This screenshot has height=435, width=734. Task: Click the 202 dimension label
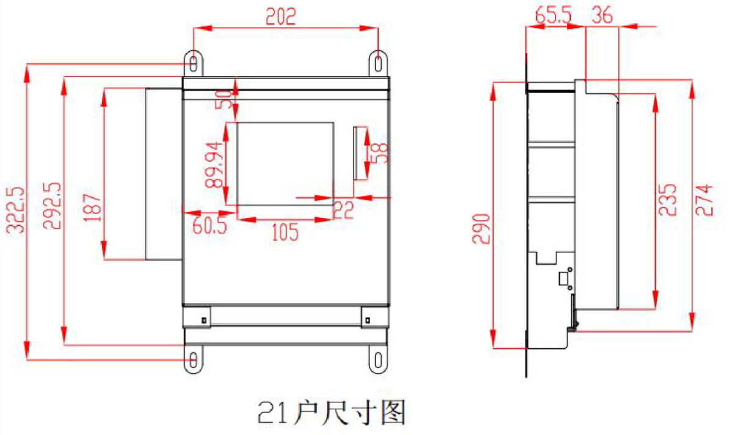click(x=281, y=17)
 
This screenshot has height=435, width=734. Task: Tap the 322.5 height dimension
click(x=15, y=210)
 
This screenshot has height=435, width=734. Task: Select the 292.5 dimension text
click(x=52, y=205)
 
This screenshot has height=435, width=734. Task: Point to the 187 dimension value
click(x=92, y=208)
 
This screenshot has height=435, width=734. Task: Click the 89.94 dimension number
click(x=213, y=165)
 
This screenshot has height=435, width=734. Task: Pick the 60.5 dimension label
click(x=209, y=225)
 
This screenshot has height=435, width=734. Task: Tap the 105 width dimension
click(x=286, y=232)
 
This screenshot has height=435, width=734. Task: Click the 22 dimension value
click(x=343, y=210)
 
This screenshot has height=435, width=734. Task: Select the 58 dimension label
click(x=380, y=153)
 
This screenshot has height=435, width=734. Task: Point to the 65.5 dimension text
click(x=553, y=15)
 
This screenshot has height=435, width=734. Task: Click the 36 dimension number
click(x=602, y=15)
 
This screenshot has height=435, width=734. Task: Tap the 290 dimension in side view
click(x=481, y=229)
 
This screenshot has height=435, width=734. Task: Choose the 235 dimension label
click(x=667, y=200)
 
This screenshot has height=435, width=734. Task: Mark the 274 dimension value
click(x=704, y=200)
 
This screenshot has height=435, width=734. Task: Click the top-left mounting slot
click(x=193, y=64)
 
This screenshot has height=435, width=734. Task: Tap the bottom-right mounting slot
click(x=378, y=360)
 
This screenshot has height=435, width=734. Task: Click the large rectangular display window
click(x=285, y=164)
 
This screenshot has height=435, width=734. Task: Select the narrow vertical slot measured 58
click(x=355, y=153)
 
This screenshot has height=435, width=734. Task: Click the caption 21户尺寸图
click(x=332, y=412)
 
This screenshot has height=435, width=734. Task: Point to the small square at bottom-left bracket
click(x=204, y=320)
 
